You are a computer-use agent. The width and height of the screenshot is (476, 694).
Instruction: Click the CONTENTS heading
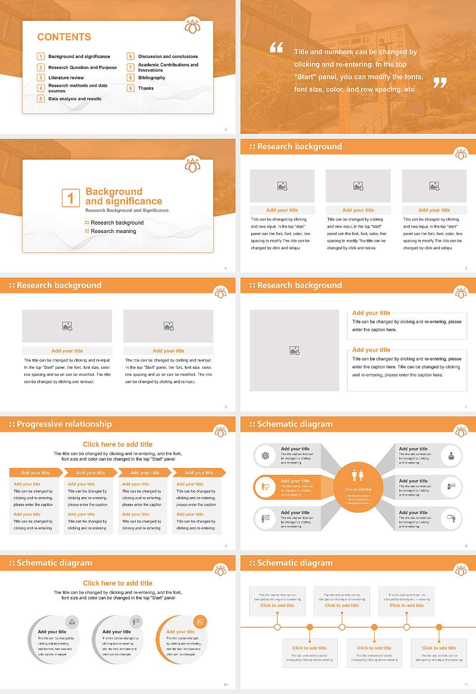point(64,37)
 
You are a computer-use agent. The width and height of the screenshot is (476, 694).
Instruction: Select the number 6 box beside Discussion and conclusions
point(131,57)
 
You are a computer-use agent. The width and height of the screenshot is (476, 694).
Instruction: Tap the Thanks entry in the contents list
point(146,88)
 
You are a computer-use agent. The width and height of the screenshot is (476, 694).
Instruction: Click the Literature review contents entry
point(66,78)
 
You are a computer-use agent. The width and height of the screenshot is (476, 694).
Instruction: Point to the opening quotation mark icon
point(277,48)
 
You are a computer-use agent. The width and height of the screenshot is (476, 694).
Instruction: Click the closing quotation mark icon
point(440,83)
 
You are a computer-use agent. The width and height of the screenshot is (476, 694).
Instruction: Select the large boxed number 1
point(70,198)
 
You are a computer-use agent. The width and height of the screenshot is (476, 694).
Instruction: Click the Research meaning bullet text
point(113,231)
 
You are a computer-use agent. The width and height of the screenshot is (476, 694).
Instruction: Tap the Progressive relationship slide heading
point(64,424)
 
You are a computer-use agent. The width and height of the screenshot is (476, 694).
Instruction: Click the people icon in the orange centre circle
point(358,475)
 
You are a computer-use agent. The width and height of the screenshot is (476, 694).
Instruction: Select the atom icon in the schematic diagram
point(265,456)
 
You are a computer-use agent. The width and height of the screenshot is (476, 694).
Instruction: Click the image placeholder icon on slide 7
point(295,350)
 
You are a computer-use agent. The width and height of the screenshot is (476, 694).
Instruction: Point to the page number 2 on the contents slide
point(226,129)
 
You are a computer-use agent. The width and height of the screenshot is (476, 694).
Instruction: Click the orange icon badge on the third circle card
point(200,622)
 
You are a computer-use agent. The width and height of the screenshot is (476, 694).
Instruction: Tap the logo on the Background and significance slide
point(192,165)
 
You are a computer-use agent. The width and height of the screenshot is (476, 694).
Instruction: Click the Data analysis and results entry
point(75,99)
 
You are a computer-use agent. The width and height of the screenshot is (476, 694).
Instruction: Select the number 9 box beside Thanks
point(131,88)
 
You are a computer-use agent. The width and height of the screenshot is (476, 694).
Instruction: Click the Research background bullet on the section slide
point(117,223)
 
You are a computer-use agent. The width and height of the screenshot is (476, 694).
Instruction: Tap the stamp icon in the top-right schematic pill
point(451,456)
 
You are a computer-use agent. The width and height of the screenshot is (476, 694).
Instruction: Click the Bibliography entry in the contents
point(152,78)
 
